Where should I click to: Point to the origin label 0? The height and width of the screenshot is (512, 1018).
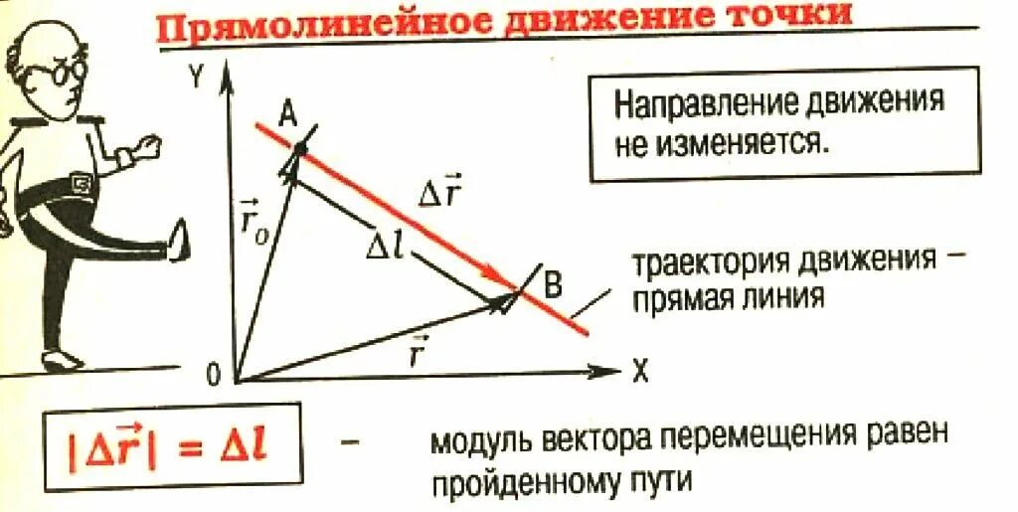tap(212, 375)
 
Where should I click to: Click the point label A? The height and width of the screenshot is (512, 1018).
tap(287, 114)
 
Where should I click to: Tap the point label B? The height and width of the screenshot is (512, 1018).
tap(553, 286)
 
